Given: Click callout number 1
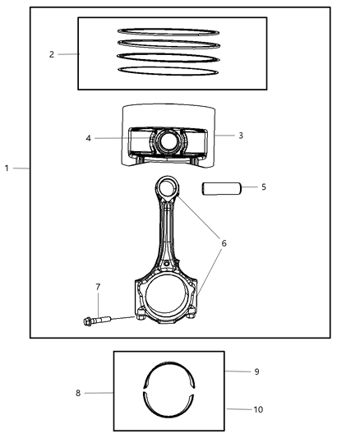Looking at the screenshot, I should (7, 168).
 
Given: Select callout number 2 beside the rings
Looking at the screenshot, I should (52, 54).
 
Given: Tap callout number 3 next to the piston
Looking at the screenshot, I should (240, 135).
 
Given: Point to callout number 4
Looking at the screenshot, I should (88, 138).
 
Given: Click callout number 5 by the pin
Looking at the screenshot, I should (263, 187).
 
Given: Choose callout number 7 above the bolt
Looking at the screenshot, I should (98, 287).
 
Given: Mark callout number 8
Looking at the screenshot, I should (77, 394).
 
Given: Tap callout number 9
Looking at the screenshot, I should (256, 371).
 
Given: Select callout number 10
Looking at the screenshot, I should (258, 408).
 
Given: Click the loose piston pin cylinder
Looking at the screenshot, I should (221, 188).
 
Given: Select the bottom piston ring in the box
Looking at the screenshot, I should (168, 71).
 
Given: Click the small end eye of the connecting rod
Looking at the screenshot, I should (168, 188).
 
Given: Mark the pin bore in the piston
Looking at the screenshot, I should (168, 141).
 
